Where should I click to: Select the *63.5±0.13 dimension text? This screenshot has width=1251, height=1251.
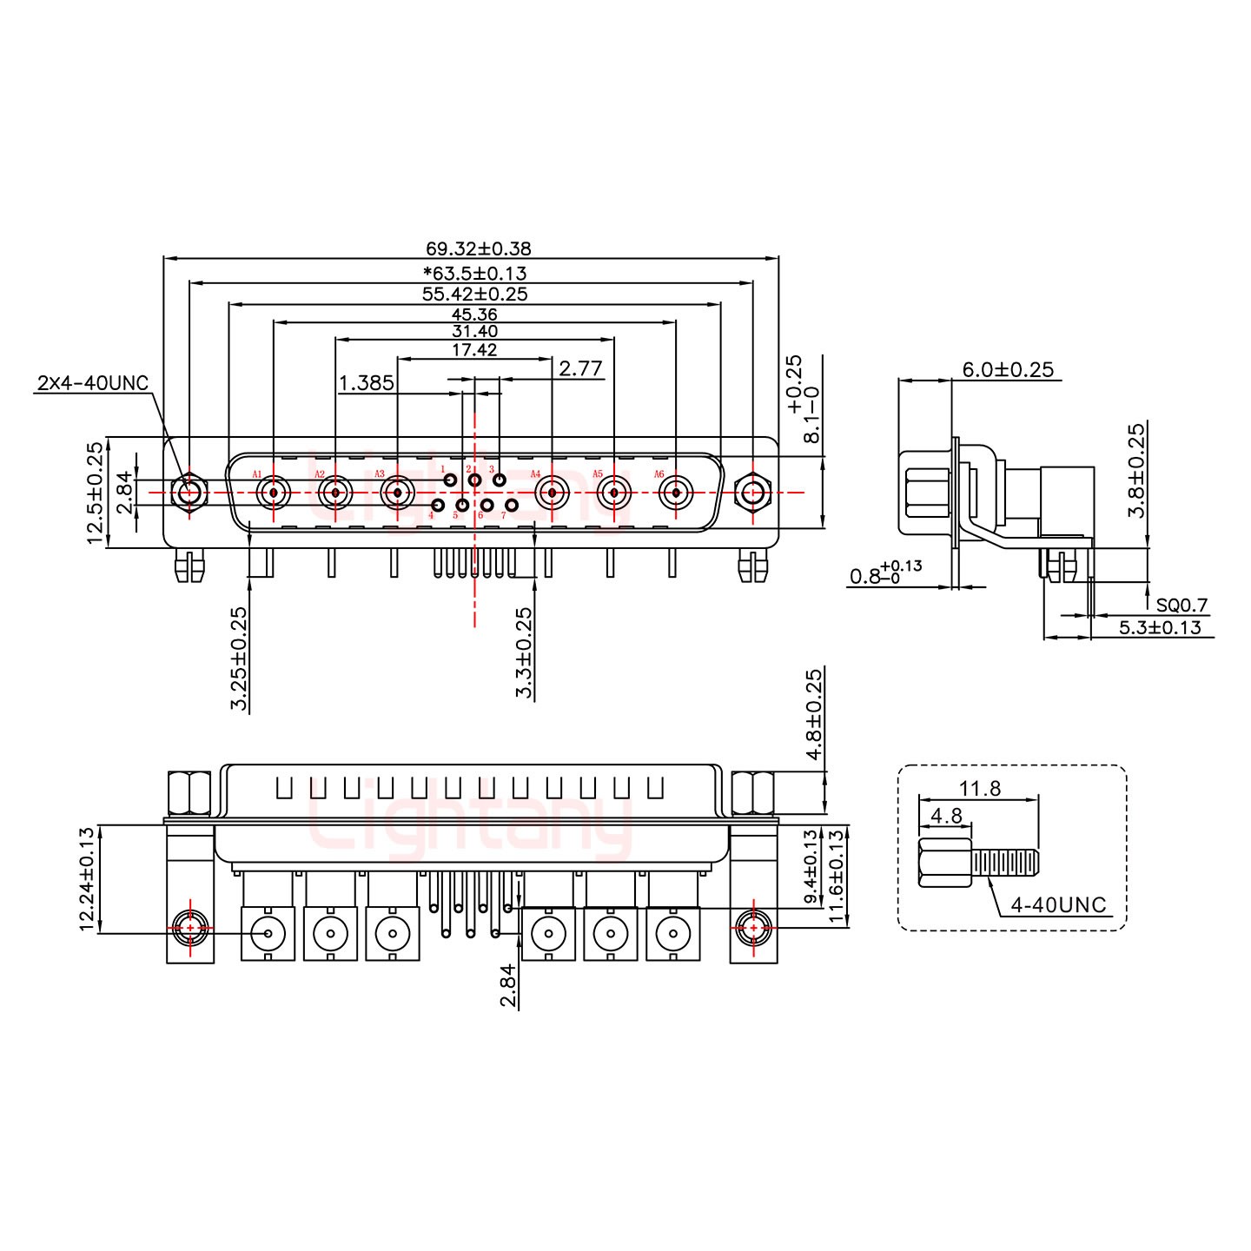[475, 273]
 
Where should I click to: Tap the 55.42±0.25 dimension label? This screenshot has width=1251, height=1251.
[475, 294]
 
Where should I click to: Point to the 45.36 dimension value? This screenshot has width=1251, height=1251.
[474, 314]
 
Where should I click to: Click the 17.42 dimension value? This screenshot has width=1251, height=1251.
[474, 349]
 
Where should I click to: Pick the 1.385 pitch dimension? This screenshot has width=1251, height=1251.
[366, 382]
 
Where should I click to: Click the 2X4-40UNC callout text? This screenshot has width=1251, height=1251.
[93, 383]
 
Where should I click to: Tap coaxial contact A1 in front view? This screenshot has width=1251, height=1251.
[274, 493]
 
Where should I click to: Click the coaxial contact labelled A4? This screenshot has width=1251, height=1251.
[552, 493]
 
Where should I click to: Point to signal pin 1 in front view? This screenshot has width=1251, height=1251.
[450, 480]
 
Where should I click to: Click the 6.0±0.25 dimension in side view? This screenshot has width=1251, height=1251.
[1008, 370]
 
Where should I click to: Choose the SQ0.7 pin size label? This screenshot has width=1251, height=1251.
[1181, 606]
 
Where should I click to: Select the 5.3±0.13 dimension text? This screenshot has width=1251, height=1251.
[1160, 627]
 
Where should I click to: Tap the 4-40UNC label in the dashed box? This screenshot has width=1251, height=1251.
[1058, 905]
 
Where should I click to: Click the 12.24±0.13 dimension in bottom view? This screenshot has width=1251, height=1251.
[87, 879]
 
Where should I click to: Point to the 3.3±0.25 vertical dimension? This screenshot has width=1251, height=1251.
[524, 652]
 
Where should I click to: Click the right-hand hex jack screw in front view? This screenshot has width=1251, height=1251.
[752, 493]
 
